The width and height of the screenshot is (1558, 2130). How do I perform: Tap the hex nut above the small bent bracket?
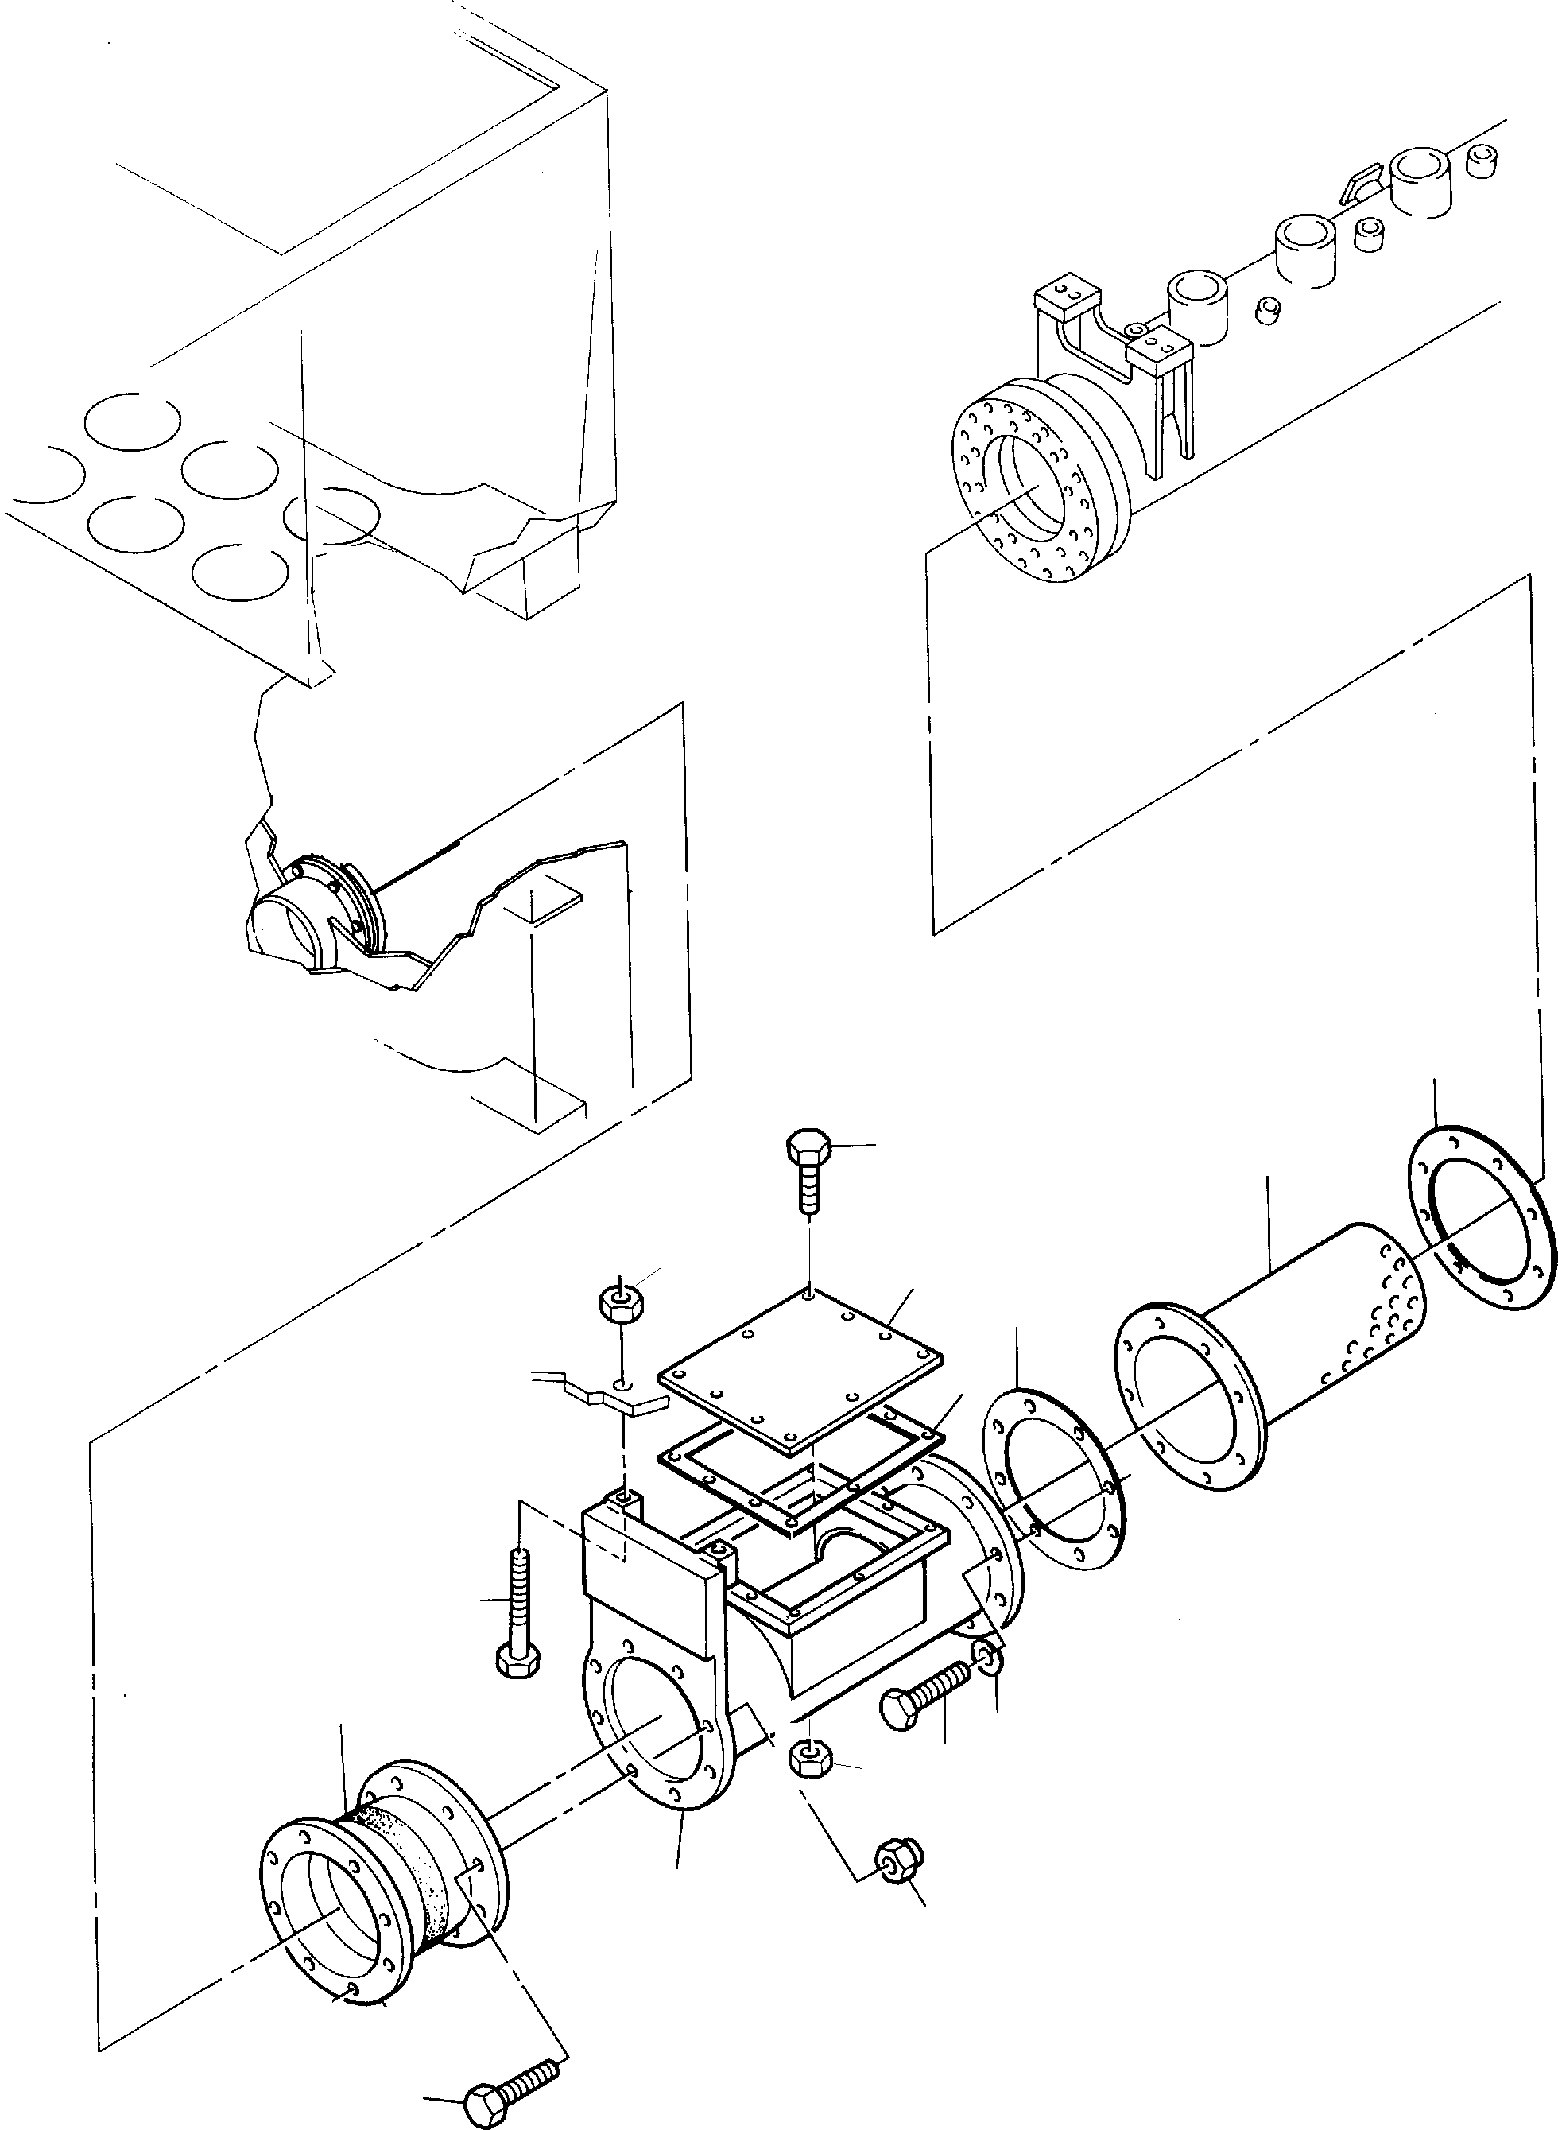click(619, 1305)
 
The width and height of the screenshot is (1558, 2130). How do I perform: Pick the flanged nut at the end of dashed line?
click(899, 1857)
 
